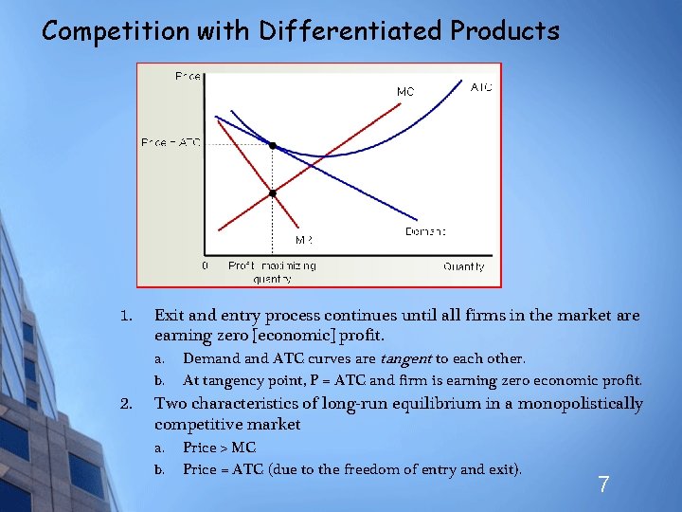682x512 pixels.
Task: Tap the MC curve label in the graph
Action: [x=404, y=92]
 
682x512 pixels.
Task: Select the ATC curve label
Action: [x=481, y=86]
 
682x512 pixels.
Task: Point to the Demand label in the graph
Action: [x=425, y=231]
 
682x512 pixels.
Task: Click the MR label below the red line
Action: [x=303, y=241]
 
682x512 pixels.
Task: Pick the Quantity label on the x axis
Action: [x=463, y=266]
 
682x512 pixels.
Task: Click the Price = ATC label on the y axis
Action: [x=170, y=143]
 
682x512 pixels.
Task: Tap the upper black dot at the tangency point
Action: [x=272, y=146]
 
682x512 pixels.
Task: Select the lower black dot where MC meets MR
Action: [x=272, y=193]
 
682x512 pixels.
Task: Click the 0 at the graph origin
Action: [x=206, y=266]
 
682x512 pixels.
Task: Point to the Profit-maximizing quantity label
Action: [x=272, y=272]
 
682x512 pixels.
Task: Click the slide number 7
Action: [x=602, y=485]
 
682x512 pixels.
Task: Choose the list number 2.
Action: [x=126, y=404]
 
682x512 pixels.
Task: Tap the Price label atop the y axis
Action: [x=187, y=76]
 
